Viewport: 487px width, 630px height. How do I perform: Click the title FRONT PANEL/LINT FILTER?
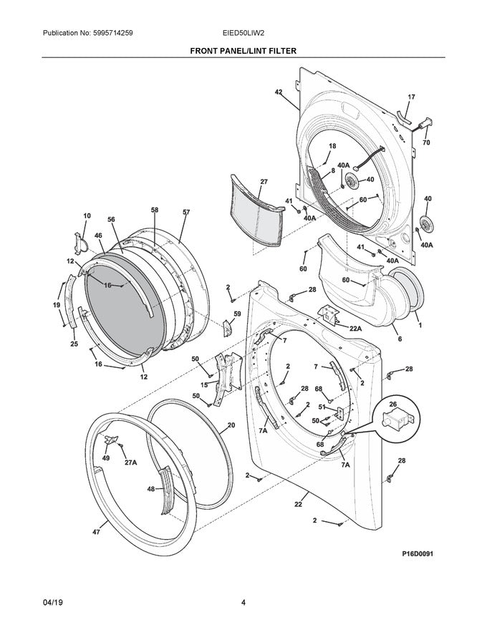[x=243, y=52]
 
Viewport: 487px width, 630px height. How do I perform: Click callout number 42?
[x=279, y=92]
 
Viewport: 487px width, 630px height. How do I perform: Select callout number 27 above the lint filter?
[x=264, y=182]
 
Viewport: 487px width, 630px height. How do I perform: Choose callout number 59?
[x=237, y=314]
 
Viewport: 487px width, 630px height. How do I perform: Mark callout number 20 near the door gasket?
[x=231, y=425]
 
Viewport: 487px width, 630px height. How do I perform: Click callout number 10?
[x=87, y=215]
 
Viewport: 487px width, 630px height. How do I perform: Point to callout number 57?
[x=186, y=212]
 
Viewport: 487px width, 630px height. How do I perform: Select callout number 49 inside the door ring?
[x=105, y=458]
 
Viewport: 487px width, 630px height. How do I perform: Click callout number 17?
[x=411, y=97]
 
